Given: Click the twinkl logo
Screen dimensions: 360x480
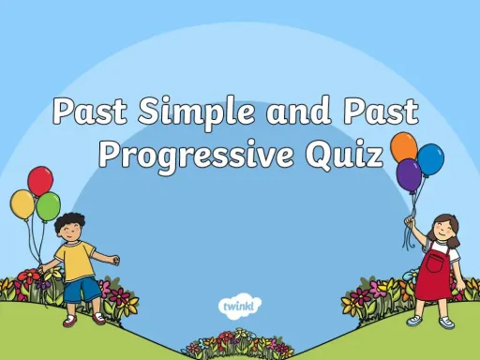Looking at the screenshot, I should point(240,306).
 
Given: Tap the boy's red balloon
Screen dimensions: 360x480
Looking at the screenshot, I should point(40,180).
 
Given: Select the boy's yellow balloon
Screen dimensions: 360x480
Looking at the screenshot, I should point(22,203).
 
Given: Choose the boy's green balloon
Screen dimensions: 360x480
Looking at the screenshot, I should point(48,205).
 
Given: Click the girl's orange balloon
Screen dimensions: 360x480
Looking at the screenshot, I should point(403,146).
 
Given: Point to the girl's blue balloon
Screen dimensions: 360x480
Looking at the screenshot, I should point(429,159).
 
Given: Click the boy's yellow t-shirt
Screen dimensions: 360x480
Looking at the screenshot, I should point(75,261).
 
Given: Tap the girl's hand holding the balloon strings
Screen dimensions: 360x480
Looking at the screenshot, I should point(408,222).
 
